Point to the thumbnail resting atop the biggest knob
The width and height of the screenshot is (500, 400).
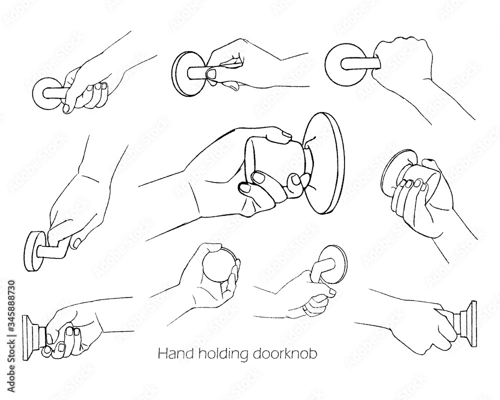click(x=286, y=134)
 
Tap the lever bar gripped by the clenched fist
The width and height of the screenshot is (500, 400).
click(x=358, y=63)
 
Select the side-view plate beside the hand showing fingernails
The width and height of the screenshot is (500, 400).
click(x=30, y=337)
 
